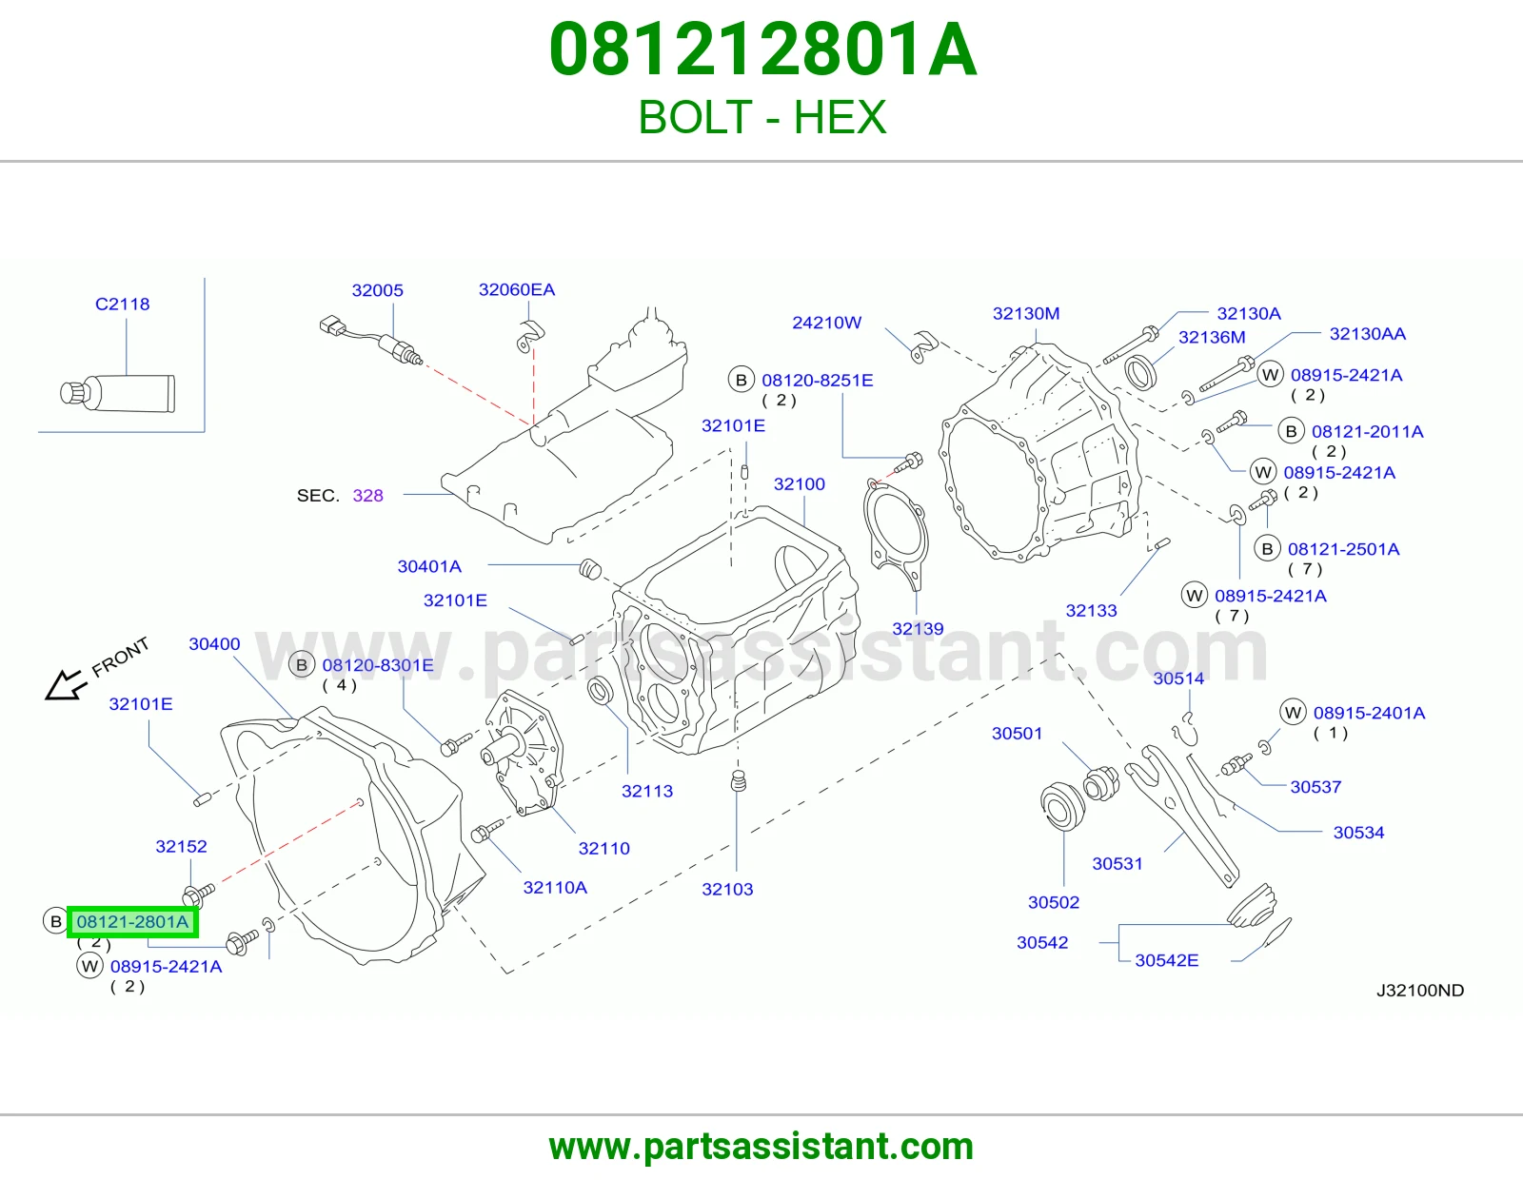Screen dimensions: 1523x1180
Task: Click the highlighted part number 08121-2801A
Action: coord(132,921)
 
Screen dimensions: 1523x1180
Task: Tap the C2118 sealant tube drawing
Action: coord(118,393)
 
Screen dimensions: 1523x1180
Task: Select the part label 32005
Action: coord(377,290)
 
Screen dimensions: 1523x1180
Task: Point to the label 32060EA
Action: coord(517,289)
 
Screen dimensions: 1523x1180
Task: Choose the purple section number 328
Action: coord(368,496)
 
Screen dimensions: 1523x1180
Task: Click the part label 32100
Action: coord(799,483)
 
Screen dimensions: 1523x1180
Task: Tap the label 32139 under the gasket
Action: coord(918,628)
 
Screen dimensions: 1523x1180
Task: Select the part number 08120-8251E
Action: coord(818,381)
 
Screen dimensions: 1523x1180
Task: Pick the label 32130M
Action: coord(1026,313)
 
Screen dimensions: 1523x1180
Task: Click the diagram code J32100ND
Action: coord(1420,990)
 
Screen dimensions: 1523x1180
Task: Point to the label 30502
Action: coord(1054,902)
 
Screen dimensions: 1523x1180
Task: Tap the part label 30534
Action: coord(1358,833)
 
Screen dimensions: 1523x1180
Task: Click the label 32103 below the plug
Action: coord(727,889)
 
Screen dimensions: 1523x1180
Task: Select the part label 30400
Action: coord(214,644)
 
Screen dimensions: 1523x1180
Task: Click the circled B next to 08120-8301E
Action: coord(302,665)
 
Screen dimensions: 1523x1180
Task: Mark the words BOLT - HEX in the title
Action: coord(761,117)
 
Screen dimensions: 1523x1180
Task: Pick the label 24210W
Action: coord(826,323)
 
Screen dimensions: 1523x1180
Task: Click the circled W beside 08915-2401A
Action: coord(1293,713)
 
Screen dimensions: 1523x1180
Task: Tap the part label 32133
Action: coord(1091,610)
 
